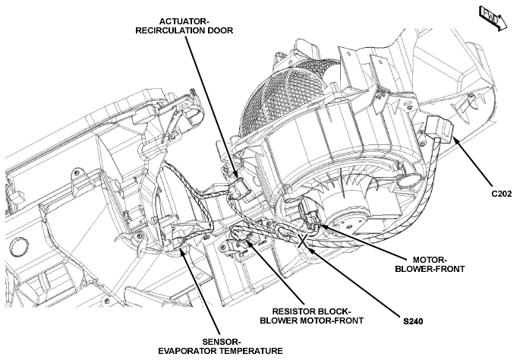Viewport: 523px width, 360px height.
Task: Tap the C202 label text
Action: (x=501, y=194)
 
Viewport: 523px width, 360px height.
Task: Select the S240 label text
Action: (x=413, y=321)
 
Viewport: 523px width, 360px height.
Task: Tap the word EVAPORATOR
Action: (x=187, y=351)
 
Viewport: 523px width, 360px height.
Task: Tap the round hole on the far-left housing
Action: (x=18, y=248)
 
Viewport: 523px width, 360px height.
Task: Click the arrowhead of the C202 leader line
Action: (x=455, y=141)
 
